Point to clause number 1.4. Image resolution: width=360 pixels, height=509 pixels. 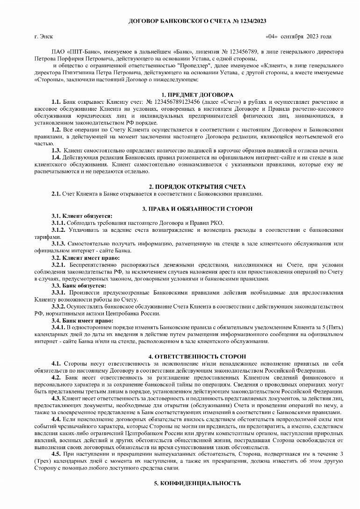tap(56, 157)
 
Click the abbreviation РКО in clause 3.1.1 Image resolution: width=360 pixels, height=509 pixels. tap(216, 223)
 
